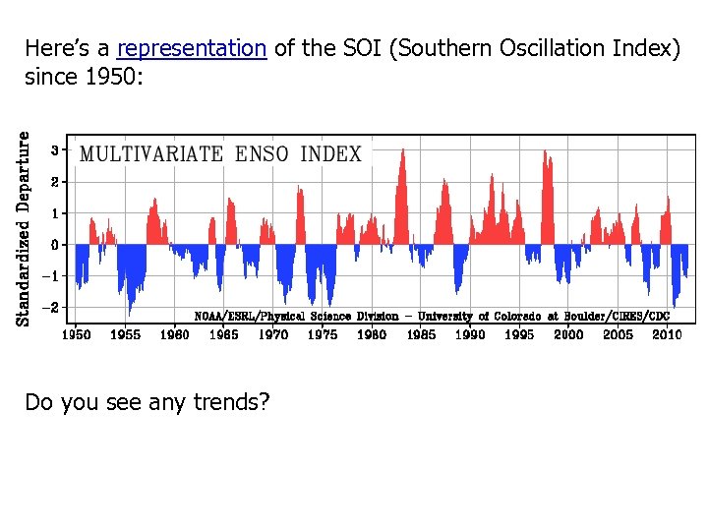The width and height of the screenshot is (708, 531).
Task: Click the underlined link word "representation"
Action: (x=192, y=48)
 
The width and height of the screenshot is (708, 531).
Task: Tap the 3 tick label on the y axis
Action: (x=56, y=149)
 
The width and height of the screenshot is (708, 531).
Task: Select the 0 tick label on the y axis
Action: (x=56, y=244)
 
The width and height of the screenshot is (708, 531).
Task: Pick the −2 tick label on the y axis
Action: (x=54, y=307)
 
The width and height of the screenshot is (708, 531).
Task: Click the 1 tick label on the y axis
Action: (x=56, y=212)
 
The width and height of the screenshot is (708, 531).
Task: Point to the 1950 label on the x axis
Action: (x=76, y=335)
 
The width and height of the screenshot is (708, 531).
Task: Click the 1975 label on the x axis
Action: (x=323, y=335)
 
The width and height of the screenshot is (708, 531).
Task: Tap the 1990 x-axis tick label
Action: (x=470, y=335)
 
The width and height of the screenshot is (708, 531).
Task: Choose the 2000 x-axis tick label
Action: (x=568, y=335)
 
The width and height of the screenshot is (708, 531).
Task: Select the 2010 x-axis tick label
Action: (x=667, y=335)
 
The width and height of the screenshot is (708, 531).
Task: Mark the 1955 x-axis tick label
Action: (x=125, y=335)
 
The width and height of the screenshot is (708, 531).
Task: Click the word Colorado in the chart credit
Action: (x=515, y=317)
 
